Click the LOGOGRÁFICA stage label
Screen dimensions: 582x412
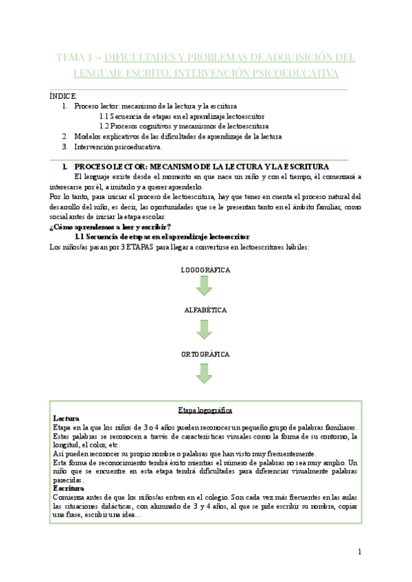click(x=205, y=270)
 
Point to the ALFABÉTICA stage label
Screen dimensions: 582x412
click(x=205, y=311)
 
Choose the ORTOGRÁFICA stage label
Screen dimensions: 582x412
click(x=205, y=354)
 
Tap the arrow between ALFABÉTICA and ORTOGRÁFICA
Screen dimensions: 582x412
click(x=205, y=329)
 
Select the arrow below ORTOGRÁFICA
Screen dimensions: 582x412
click(x=205, y=373)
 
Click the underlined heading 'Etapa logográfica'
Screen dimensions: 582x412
click(x=205, y=410)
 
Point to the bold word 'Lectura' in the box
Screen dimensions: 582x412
click(x=66, y=418)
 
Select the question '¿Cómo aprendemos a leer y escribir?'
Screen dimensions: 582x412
click(x=111, y=227)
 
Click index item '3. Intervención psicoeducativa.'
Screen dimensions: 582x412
click(x=117, y=146)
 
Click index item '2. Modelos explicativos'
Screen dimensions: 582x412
click(x=177, y=136)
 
